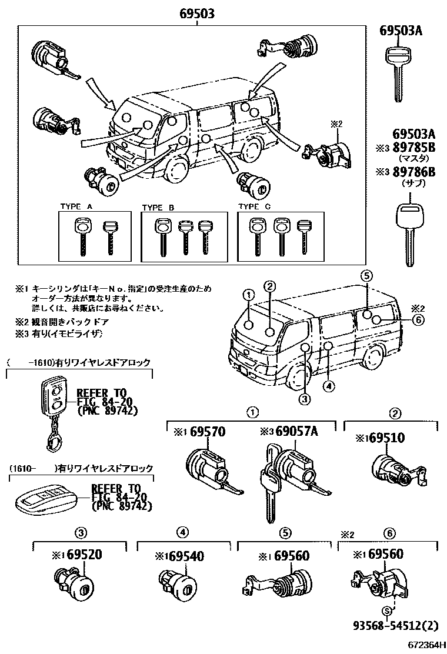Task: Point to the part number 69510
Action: [x=392, y=438]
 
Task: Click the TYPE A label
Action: [x=76, y=206]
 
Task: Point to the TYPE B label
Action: [x=158, y=206]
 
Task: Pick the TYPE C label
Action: [x=253, y=206]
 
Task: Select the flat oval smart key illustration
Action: [x=45, y=496]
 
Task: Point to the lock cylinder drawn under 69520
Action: [x=74, y=583]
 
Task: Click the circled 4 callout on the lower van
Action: [x=328, y=386]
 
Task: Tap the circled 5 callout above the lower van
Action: [x=366, y=275]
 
